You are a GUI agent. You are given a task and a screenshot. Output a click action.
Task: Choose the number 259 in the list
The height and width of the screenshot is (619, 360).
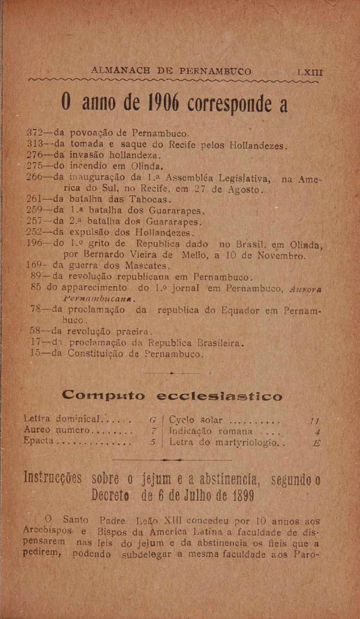pos(37,210)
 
